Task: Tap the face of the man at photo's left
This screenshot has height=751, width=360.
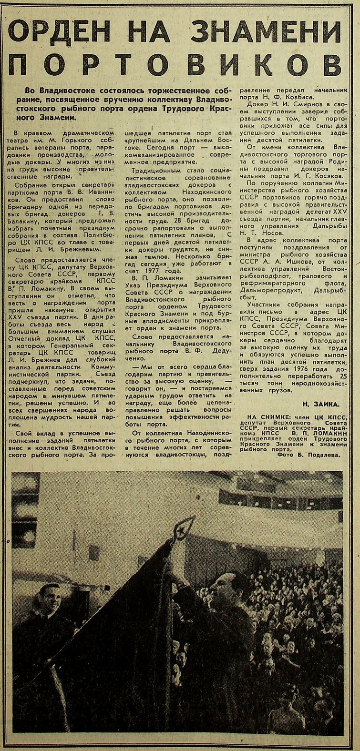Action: (50, 599)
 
